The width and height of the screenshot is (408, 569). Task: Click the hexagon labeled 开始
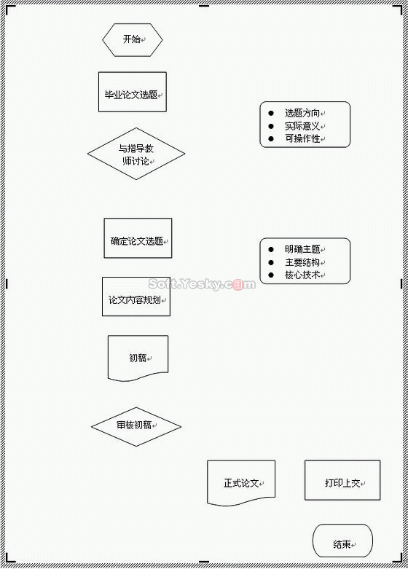pos(133,40)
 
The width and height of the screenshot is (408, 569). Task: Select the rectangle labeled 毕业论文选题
pos(133,92)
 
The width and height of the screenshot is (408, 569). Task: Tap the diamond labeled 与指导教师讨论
pos(136,154)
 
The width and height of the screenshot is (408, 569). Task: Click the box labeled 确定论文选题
pos(138,238)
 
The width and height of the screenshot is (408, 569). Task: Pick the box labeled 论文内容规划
pos(136,297)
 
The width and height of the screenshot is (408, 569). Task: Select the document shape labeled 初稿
pos(138,358)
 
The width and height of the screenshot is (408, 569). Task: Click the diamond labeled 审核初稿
pos(136,426)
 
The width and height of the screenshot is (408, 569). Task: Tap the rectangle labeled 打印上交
pos(342,480)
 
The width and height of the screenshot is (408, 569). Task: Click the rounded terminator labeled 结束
pos(342,541)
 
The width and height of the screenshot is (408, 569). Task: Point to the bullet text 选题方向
pos(302,113)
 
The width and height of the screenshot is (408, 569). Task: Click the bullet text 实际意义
pos(302,126)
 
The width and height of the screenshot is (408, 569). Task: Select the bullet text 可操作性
pos(302,138)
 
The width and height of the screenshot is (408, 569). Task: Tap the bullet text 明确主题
pos(302,249)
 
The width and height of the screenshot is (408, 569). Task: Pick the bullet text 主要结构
pos(302,262)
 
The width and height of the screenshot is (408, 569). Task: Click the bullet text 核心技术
pos(302,275)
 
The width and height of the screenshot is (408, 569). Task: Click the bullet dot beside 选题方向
pos(271,113)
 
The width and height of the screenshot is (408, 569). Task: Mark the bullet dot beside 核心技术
pos(271,275)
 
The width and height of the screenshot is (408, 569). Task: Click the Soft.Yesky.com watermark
pos(202,284)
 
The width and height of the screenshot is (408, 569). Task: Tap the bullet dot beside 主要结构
pos(271,262)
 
